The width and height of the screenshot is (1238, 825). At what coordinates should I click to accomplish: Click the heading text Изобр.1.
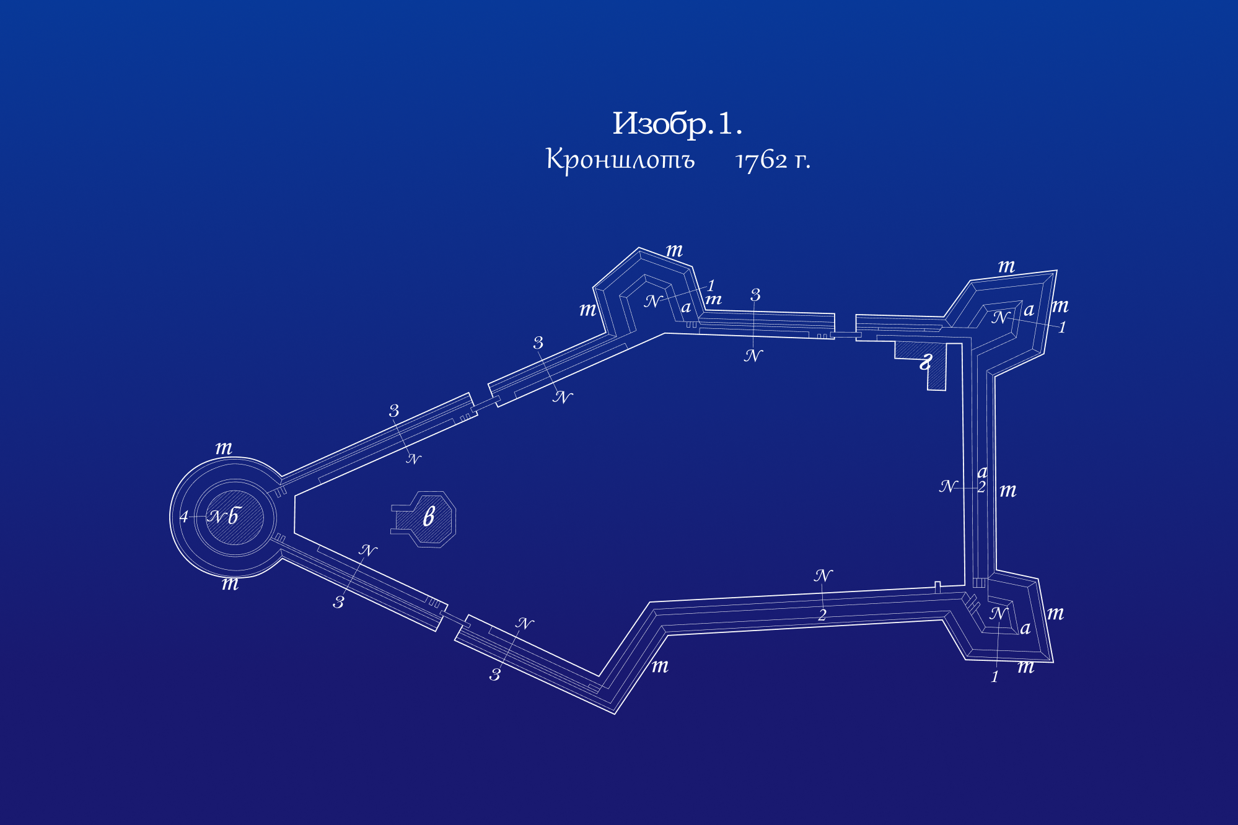pyautogui.click(x=677, y=124)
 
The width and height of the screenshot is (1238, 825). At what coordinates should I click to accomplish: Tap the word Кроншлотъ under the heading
pyautogui.click(x=620, y=160)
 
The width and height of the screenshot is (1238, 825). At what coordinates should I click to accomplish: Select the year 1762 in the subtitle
pyautogui.click(x=762, y=161)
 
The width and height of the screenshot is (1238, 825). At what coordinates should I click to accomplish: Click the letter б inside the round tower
pyautogui.click(x=234, y=516)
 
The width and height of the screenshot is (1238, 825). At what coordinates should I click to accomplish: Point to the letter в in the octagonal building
pyautogui.click(x=429, y=516)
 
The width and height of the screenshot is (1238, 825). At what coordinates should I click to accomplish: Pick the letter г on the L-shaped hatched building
pyautogui.click(x=926, y=361)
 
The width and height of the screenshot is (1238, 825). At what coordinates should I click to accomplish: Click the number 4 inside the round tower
pyautogui.click(x=184, y=517)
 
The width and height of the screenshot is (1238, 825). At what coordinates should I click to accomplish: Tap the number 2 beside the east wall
pyautogui.click(x=981, y=487)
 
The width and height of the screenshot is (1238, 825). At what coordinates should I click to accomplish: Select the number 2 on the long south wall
pyautogui.click(x=822, y=615)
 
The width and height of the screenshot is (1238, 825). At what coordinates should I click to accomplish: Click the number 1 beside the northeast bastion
pyautogui.click(x=1062, y=327)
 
